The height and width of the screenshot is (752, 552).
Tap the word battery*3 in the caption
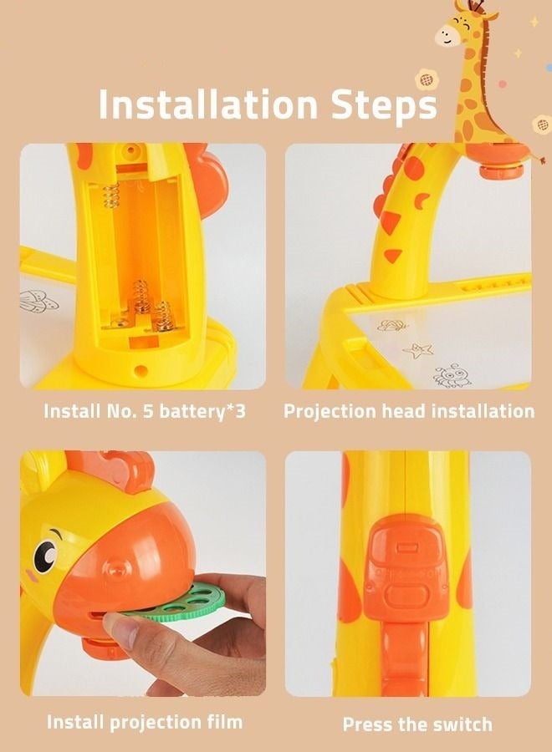(x=202, y=411)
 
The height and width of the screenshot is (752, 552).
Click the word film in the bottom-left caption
(x=222, y=721)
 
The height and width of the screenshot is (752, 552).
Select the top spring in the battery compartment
(x=111, y=196)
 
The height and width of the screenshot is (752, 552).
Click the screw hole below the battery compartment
(x=141, y=370)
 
